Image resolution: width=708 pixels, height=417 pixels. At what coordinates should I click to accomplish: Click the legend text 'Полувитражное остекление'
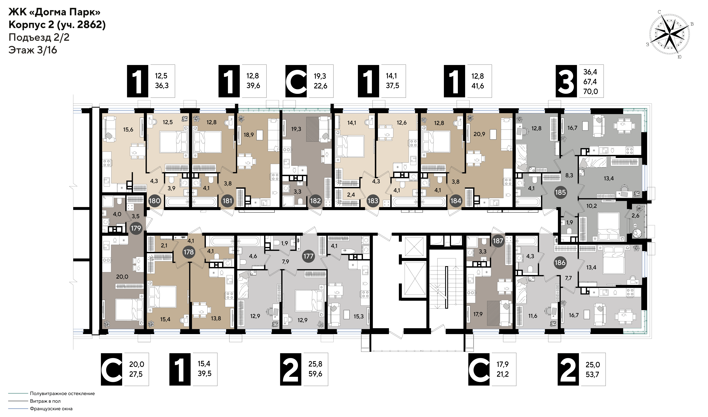click(62, 393)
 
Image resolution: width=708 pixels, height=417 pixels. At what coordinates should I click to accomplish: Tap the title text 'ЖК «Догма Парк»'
click(54, 12)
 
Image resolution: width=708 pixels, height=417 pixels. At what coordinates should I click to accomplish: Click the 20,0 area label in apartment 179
click(122, 277)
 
